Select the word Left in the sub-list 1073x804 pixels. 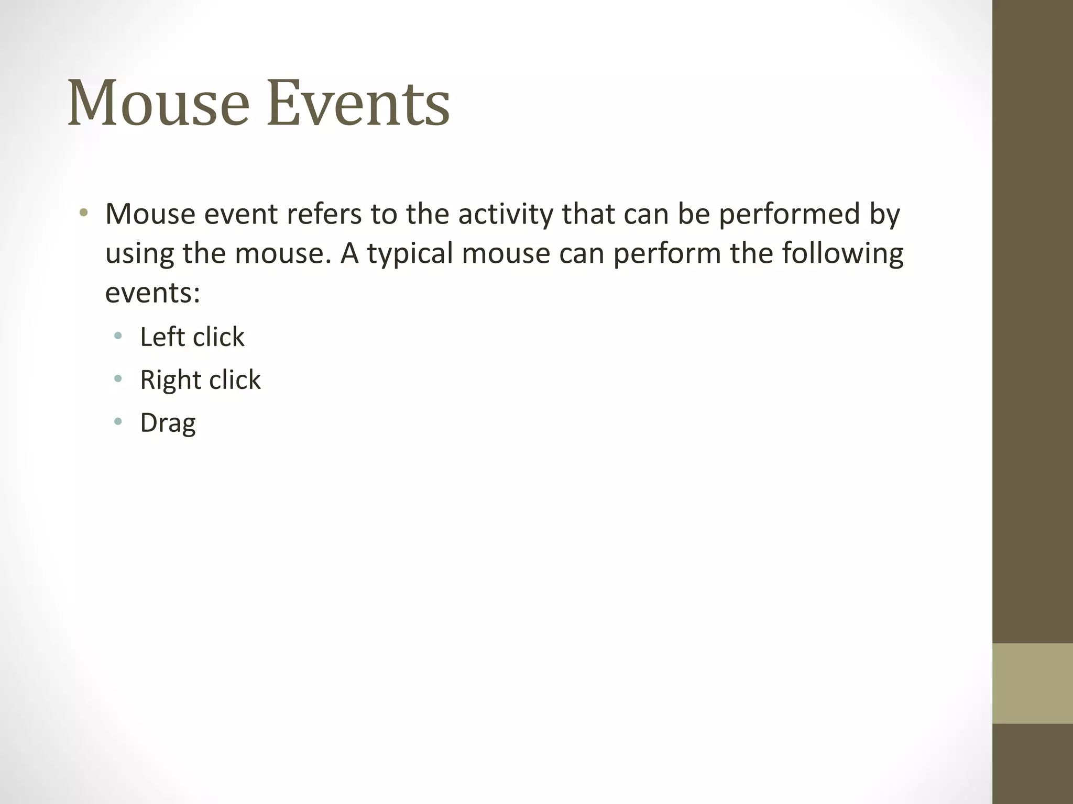click(162, 337)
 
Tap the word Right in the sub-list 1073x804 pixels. click(171, 380)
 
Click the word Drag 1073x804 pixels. click(168, 423)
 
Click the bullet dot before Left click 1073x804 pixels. click(118, 336)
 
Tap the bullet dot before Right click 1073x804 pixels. click(118, 378)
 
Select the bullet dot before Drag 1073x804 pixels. click(118, 421)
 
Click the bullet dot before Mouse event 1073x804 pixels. click(83, 213)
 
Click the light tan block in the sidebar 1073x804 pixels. click(1032, 683)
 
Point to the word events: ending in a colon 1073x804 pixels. click(152, 293)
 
